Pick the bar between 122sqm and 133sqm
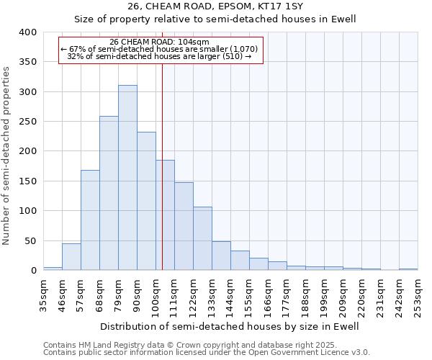pos(202,238)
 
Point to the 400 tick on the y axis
pos(27,32)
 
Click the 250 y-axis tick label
pos(27,122)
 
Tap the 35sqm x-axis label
pos(44,294)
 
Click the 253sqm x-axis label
pos(418,294)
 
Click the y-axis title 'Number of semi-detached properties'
pos(7,156)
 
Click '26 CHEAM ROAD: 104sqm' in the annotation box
pos(160,42)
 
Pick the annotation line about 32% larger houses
pos(159,56)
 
